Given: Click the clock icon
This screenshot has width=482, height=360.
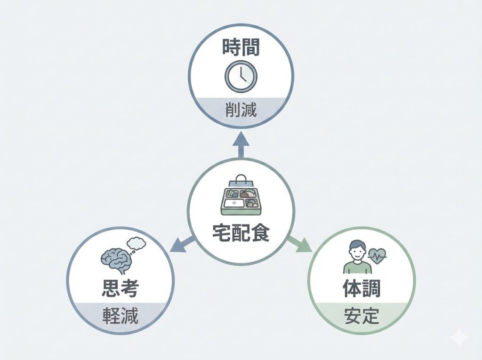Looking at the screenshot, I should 241,77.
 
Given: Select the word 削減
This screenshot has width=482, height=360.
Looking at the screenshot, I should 241,111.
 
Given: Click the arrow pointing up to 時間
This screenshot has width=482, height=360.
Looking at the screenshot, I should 241,144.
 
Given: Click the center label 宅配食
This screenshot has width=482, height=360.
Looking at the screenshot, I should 241,232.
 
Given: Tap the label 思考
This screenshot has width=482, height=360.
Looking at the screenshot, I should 120,288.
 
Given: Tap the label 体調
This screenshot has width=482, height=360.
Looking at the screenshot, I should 361,288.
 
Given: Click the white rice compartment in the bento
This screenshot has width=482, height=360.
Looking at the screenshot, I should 233,203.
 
